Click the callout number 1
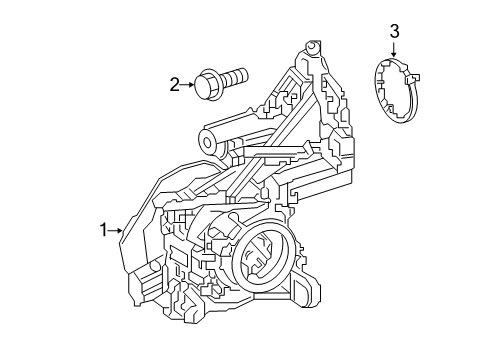[x=104, y=230]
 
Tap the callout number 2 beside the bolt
[x=175, y=85]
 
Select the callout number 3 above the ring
[x=394, y=32]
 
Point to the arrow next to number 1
[x=115, y=230]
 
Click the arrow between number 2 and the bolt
[x=187, y=85]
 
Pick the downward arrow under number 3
[x=394, y=49]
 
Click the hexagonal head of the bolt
[x=206, y=84]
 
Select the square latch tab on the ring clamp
[x=412, y=79]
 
